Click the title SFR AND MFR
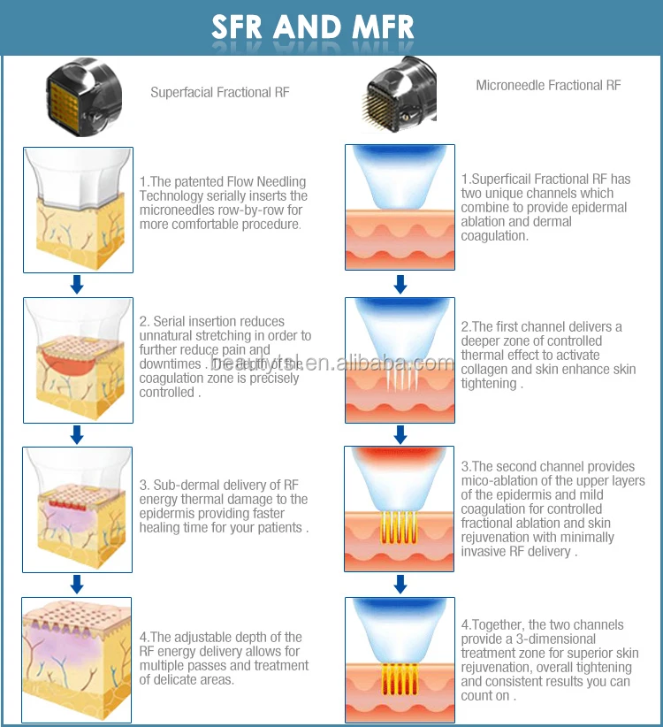pos(312,27)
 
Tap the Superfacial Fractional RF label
pos(219,92)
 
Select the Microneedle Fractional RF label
pos(548,86)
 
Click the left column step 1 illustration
pos(77,210)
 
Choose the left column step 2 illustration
pos(77,358)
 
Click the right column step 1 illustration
pos(400,207)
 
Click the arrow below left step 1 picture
pos(77,284)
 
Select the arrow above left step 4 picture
pos(77,583)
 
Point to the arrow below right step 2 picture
pos(400,434)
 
